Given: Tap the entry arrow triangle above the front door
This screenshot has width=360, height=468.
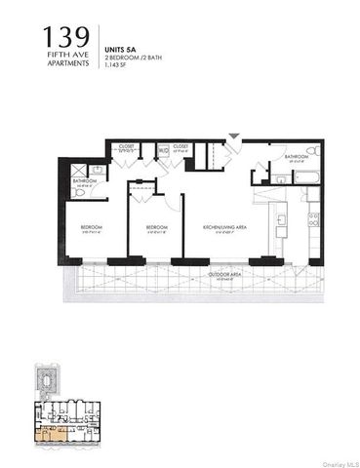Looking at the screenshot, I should tap(232, 136).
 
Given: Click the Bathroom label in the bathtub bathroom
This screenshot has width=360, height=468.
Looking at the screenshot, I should tap(298, 156).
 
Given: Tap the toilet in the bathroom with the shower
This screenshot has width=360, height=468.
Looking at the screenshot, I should tap(80, 192).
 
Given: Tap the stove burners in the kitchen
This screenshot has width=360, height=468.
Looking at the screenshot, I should tap(313, 220).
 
